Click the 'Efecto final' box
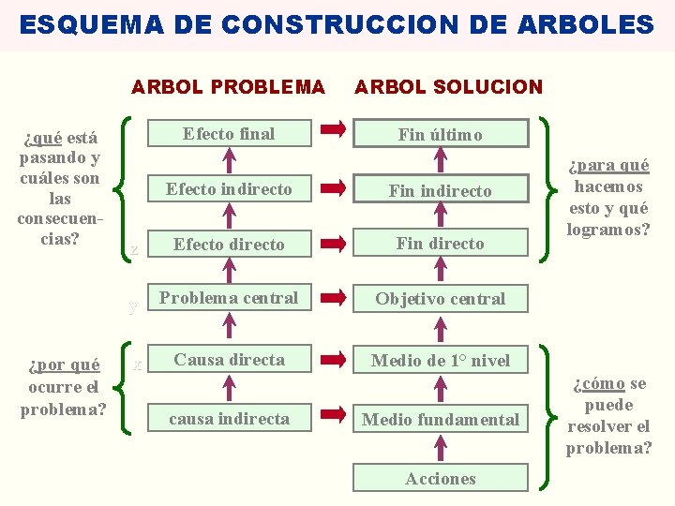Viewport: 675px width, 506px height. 229,134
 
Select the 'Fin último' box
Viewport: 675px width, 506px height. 441,134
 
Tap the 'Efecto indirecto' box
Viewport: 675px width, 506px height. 229,189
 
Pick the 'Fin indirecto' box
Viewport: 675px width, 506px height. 441,190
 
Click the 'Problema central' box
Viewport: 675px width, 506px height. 229,299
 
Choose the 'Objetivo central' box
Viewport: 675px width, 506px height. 441,300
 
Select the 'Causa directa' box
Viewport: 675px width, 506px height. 229,360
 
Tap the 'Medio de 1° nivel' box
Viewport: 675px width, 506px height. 441,361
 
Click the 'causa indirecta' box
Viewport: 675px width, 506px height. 229,419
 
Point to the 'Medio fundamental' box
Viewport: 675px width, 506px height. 441,420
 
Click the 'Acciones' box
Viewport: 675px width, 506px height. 441,479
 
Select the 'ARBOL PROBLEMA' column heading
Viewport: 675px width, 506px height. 228,87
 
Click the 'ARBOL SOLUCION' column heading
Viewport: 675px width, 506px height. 448,87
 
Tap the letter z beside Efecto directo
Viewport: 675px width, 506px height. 134,249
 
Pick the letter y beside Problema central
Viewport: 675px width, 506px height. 134,305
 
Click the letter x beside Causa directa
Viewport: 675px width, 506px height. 137,364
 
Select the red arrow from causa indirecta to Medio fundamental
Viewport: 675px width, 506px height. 332,417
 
